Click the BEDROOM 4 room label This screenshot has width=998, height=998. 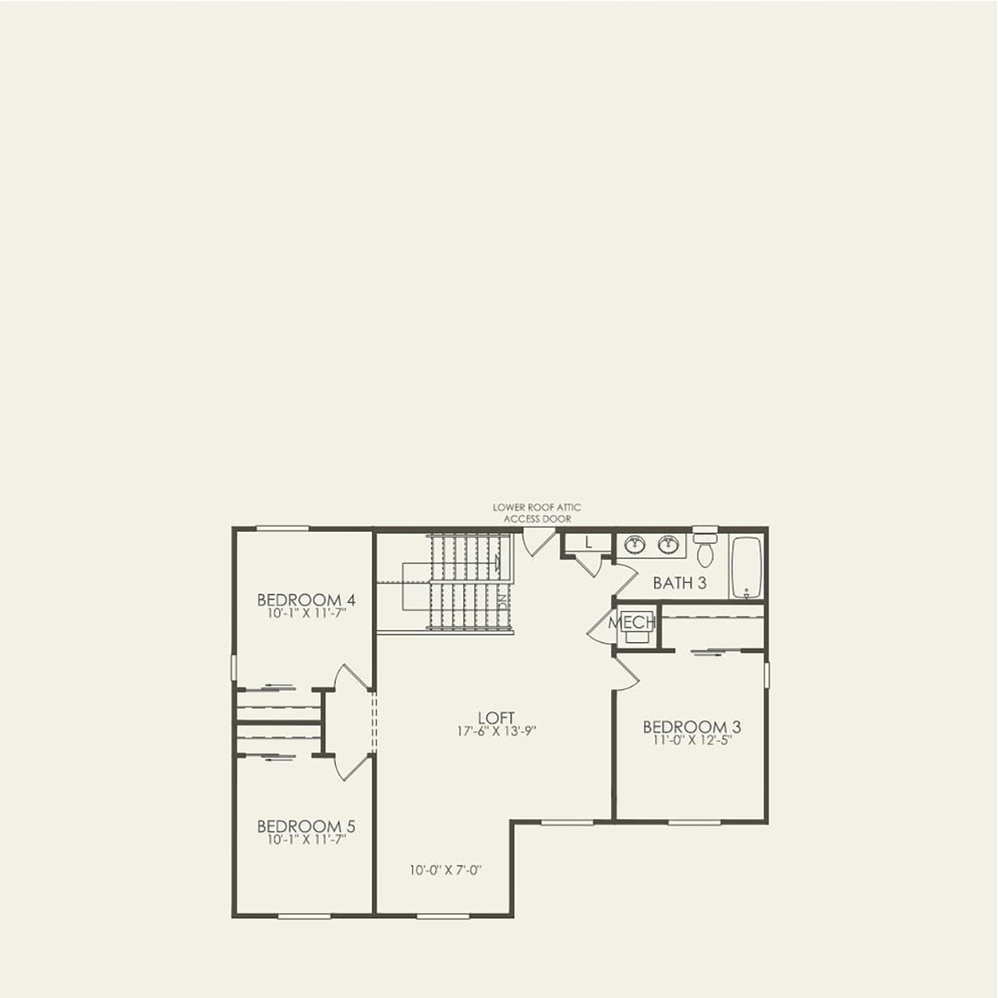coord(306,600)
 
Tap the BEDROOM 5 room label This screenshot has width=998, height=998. coord(306,827)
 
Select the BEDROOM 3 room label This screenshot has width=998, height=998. coord(691,728)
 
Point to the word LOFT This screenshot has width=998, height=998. coord(495,718)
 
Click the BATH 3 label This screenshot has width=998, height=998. coord(679,583)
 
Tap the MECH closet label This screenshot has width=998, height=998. coord(632,622)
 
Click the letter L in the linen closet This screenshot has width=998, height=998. coord(588,543)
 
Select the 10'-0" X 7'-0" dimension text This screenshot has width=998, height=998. coord(445,870)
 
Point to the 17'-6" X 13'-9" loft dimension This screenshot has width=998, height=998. coord(496,732)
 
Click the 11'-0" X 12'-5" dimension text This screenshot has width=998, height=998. coord(691,740)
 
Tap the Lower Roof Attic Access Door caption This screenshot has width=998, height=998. coord(537,513)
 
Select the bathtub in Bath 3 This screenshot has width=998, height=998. coord(746,567)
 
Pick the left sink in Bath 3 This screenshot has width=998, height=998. coord(635,545)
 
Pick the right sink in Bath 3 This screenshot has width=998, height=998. coord(668,545)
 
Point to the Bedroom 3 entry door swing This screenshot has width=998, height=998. coord(626,674)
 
